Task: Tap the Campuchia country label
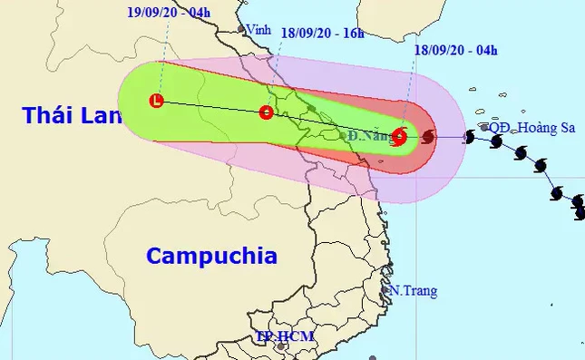211,255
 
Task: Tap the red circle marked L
159,101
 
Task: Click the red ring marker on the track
266,113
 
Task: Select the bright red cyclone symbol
400,138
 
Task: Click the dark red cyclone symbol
428,138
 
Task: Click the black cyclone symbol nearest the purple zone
469,137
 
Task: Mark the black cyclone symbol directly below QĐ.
496,141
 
